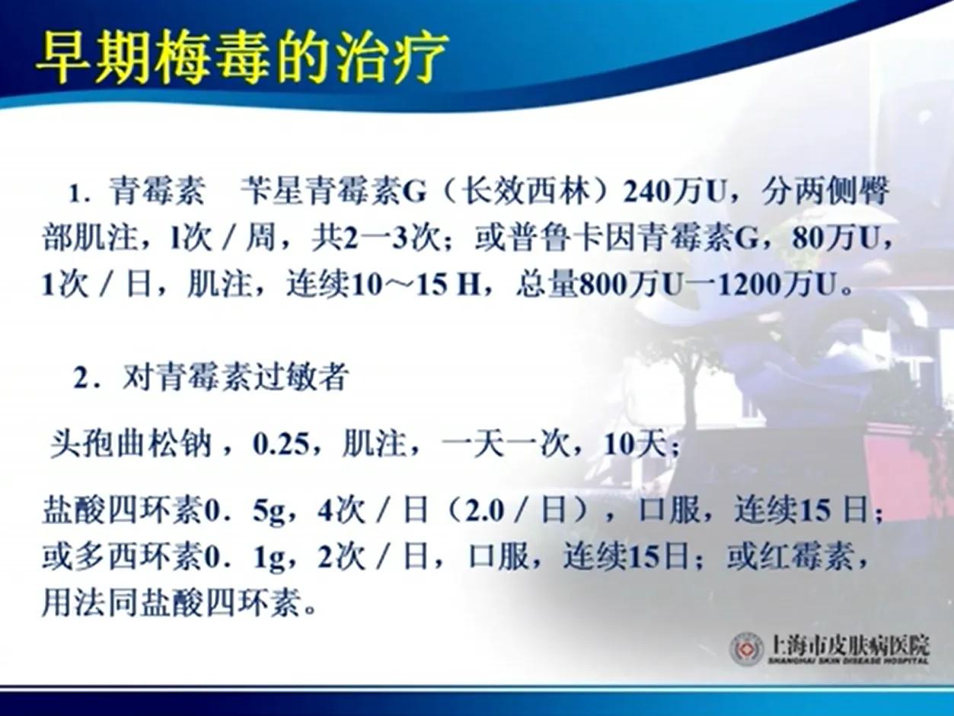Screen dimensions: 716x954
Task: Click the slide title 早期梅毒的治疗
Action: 241,59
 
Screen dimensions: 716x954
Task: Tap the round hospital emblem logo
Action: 747,649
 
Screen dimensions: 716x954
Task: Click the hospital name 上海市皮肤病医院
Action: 850,645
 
